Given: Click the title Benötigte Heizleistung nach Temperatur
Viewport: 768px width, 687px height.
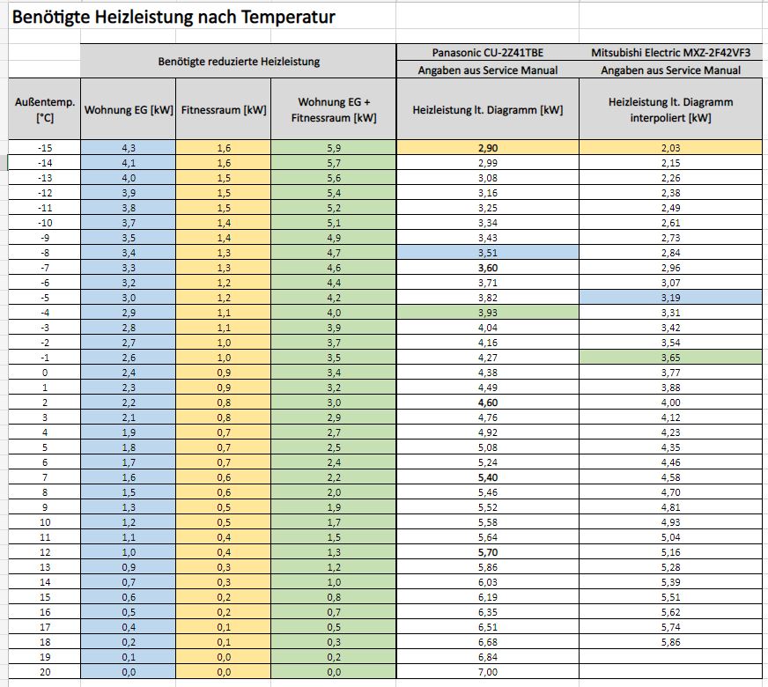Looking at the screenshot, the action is coord(174,17).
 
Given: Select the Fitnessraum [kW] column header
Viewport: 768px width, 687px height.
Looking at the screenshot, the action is coord(224,110).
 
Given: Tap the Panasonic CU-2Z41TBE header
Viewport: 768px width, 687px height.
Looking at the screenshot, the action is coord(488,52).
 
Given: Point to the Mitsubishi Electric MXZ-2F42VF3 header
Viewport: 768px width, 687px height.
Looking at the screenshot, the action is coord(670,52).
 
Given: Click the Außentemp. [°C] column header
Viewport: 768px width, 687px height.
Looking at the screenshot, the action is coord(45,110).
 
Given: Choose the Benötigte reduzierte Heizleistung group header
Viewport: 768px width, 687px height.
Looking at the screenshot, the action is coord(239,61).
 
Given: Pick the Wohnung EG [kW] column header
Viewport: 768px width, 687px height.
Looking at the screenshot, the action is coord(129,110).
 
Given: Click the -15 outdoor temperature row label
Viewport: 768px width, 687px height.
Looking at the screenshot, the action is coord(45,148).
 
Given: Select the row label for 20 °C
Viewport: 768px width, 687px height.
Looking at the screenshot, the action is coord(45,672).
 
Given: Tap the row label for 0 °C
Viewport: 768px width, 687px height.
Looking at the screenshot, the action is coord(45,373).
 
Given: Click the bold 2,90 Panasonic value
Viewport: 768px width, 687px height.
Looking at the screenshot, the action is coord(488,148).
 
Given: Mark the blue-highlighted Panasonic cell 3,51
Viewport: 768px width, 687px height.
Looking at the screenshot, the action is coord(488,253).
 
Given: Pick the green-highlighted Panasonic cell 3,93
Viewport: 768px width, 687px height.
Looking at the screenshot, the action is coord(488,313).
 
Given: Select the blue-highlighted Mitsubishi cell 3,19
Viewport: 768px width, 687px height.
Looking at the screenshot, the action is coord(670,298).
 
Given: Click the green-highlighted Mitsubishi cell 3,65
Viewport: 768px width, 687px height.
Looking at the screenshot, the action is coord(670,358).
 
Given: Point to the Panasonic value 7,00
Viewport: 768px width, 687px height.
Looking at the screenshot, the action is coord(488,672).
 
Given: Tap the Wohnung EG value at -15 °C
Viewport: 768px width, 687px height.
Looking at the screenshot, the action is coord(129,148).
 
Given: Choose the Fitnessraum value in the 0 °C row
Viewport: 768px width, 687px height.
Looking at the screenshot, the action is coord(224,373).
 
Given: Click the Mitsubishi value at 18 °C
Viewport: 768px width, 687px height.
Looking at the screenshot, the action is coord(670,642).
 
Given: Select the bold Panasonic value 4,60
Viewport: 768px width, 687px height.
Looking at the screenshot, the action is coord(488,403).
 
